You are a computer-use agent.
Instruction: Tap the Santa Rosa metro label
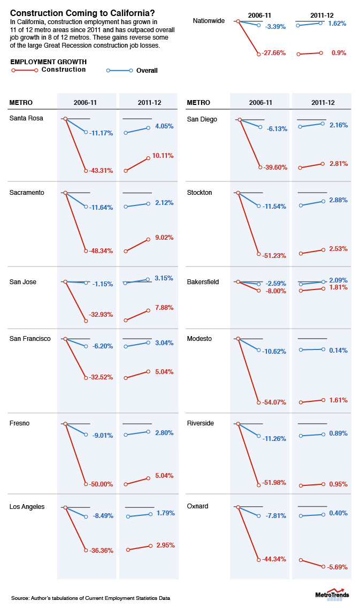tap(26, 118)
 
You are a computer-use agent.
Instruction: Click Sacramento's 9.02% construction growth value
tap(163, 238)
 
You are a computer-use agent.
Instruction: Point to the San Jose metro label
tap(23, 282)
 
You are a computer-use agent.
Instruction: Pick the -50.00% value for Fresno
tap(101, 484)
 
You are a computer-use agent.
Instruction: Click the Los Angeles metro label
tap(27, 507)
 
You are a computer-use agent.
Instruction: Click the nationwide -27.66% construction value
tap(274, 54)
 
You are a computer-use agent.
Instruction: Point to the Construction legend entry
tap(64, 70)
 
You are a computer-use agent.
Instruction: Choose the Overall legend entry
tap(147, 70)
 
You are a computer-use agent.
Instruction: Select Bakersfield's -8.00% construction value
tap(274, 291)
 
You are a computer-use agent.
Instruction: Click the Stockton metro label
tap(200, 192)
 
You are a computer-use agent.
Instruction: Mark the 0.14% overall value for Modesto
tap(338, 351)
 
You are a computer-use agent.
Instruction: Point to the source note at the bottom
tap(90, 597)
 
